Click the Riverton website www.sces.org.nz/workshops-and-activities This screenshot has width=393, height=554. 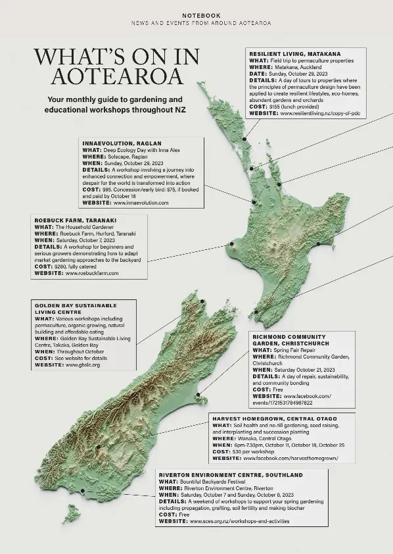pos(239,521)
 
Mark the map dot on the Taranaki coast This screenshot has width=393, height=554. pos(231,245)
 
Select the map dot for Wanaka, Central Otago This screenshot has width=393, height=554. pos(97,447)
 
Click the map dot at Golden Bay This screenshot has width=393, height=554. pos(202,301)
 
